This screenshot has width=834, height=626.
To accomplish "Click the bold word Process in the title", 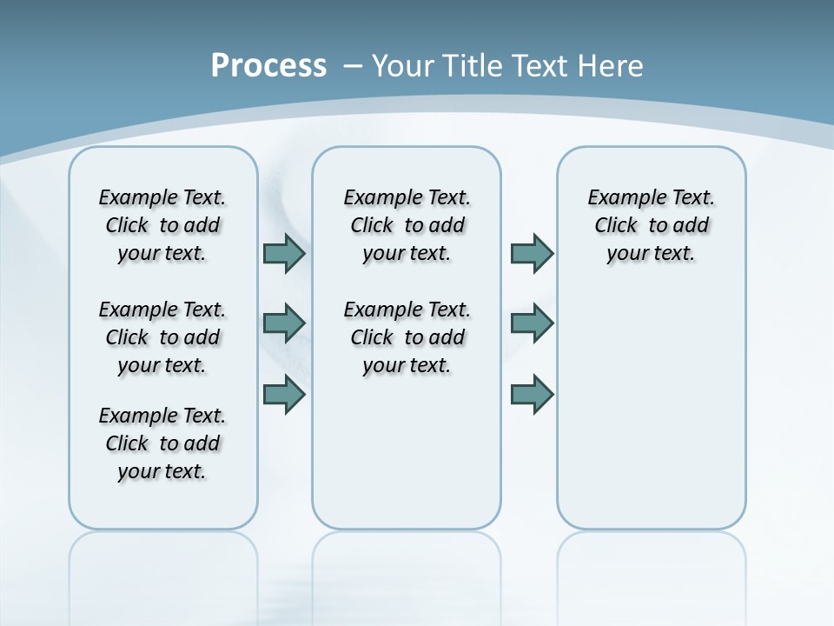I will [268, 66].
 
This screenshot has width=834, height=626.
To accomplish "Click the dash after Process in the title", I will [353, 66].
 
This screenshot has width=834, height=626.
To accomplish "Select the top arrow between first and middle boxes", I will [284, 253].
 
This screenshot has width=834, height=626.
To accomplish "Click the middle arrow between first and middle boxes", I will [284, 323].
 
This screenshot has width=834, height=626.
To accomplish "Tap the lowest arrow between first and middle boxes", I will [284, 394].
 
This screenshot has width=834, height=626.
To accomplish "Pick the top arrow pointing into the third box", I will [532, 253].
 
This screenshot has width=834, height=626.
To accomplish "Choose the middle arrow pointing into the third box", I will [532, 323].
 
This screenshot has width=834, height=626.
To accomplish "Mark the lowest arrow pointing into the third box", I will [532, 394].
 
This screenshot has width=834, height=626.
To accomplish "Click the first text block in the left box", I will [162, 225].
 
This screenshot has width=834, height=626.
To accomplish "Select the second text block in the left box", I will [162, 337].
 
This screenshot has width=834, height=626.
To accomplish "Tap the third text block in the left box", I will [162, 443].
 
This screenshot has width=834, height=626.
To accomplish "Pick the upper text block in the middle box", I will [407, 225].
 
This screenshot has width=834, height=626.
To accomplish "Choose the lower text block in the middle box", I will [407, 337].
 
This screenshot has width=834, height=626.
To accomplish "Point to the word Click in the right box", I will [616, 226].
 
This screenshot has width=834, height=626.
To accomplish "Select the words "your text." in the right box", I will [651, 254].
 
